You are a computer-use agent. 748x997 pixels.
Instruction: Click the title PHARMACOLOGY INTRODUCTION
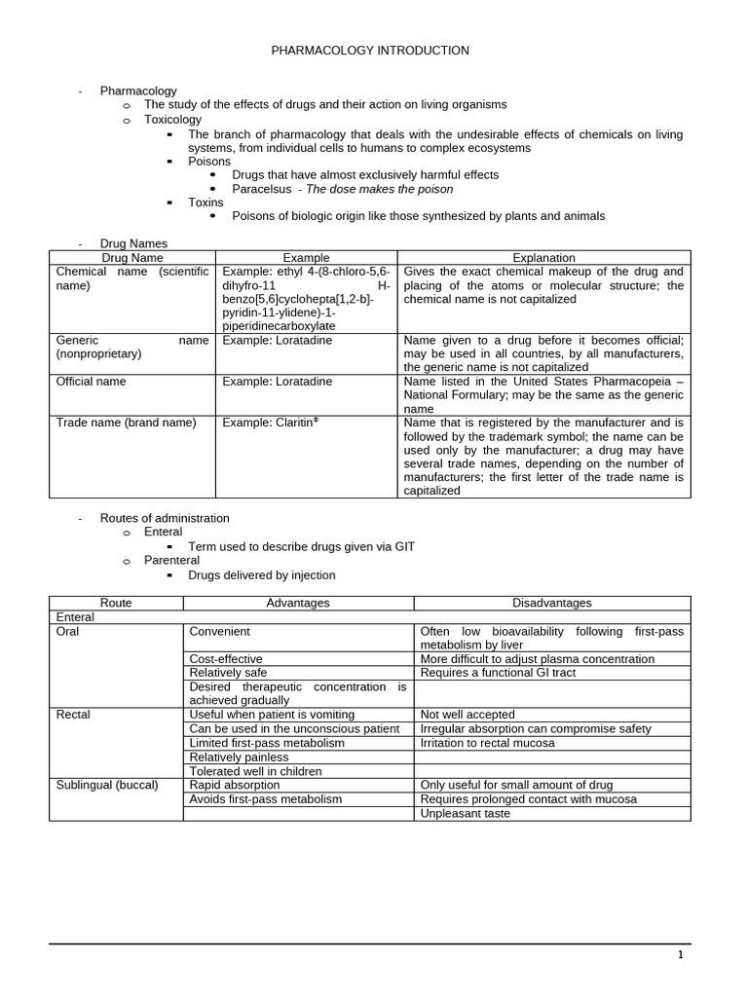(x=369, y=50)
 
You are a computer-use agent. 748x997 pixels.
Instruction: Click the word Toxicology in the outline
(x=172, y=120)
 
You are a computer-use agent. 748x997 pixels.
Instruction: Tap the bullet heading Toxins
(x=206, y=203)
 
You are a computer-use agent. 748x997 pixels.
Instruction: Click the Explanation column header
(x=543, y=258)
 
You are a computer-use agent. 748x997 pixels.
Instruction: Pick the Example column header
(x=306, y=258)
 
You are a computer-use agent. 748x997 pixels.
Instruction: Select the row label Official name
(x=92, y=382)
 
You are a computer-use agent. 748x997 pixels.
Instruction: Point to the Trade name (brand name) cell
(x=126, y=423)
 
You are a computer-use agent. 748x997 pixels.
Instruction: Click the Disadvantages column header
(x=551, y=603)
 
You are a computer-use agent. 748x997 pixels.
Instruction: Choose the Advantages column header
(x=298, y=603)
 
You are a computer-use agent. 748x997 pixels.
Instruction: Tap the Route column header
(x=116, y=603)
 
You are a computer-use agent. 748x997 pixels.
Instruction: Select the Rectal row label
(x=73, y=715)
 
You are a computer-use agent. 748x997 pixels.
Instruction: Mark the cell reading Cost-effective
(x=226, y=659)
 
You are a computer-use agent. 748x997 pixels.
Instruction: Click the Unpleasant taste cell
(x=466, y=813)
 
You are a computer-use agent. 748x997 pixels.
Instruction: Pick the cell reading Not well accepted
(x=467, y=715)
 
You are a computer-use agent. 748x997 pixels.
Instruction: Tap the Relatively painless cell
(x=239, y=757)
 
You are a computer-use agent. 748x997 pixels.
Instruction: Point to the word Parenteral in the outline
(x=171, y=561)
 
